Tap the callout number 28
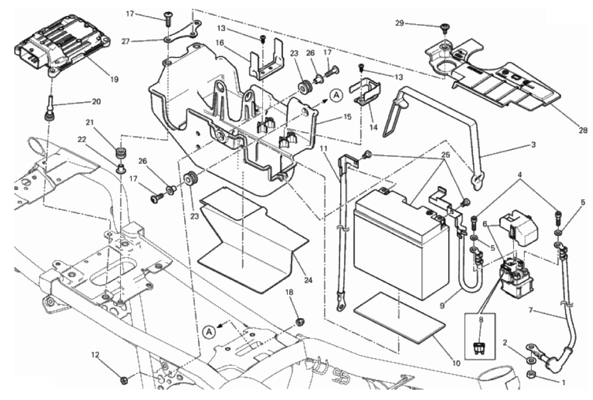coord(584,131)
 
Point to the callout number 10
coord(455,364)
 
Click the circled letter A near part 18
coord(209,332)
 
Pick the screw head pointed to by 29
coord(444,27)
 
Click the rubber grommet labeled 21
coord(119,150)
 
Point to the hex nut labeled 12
coord(124,380)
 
